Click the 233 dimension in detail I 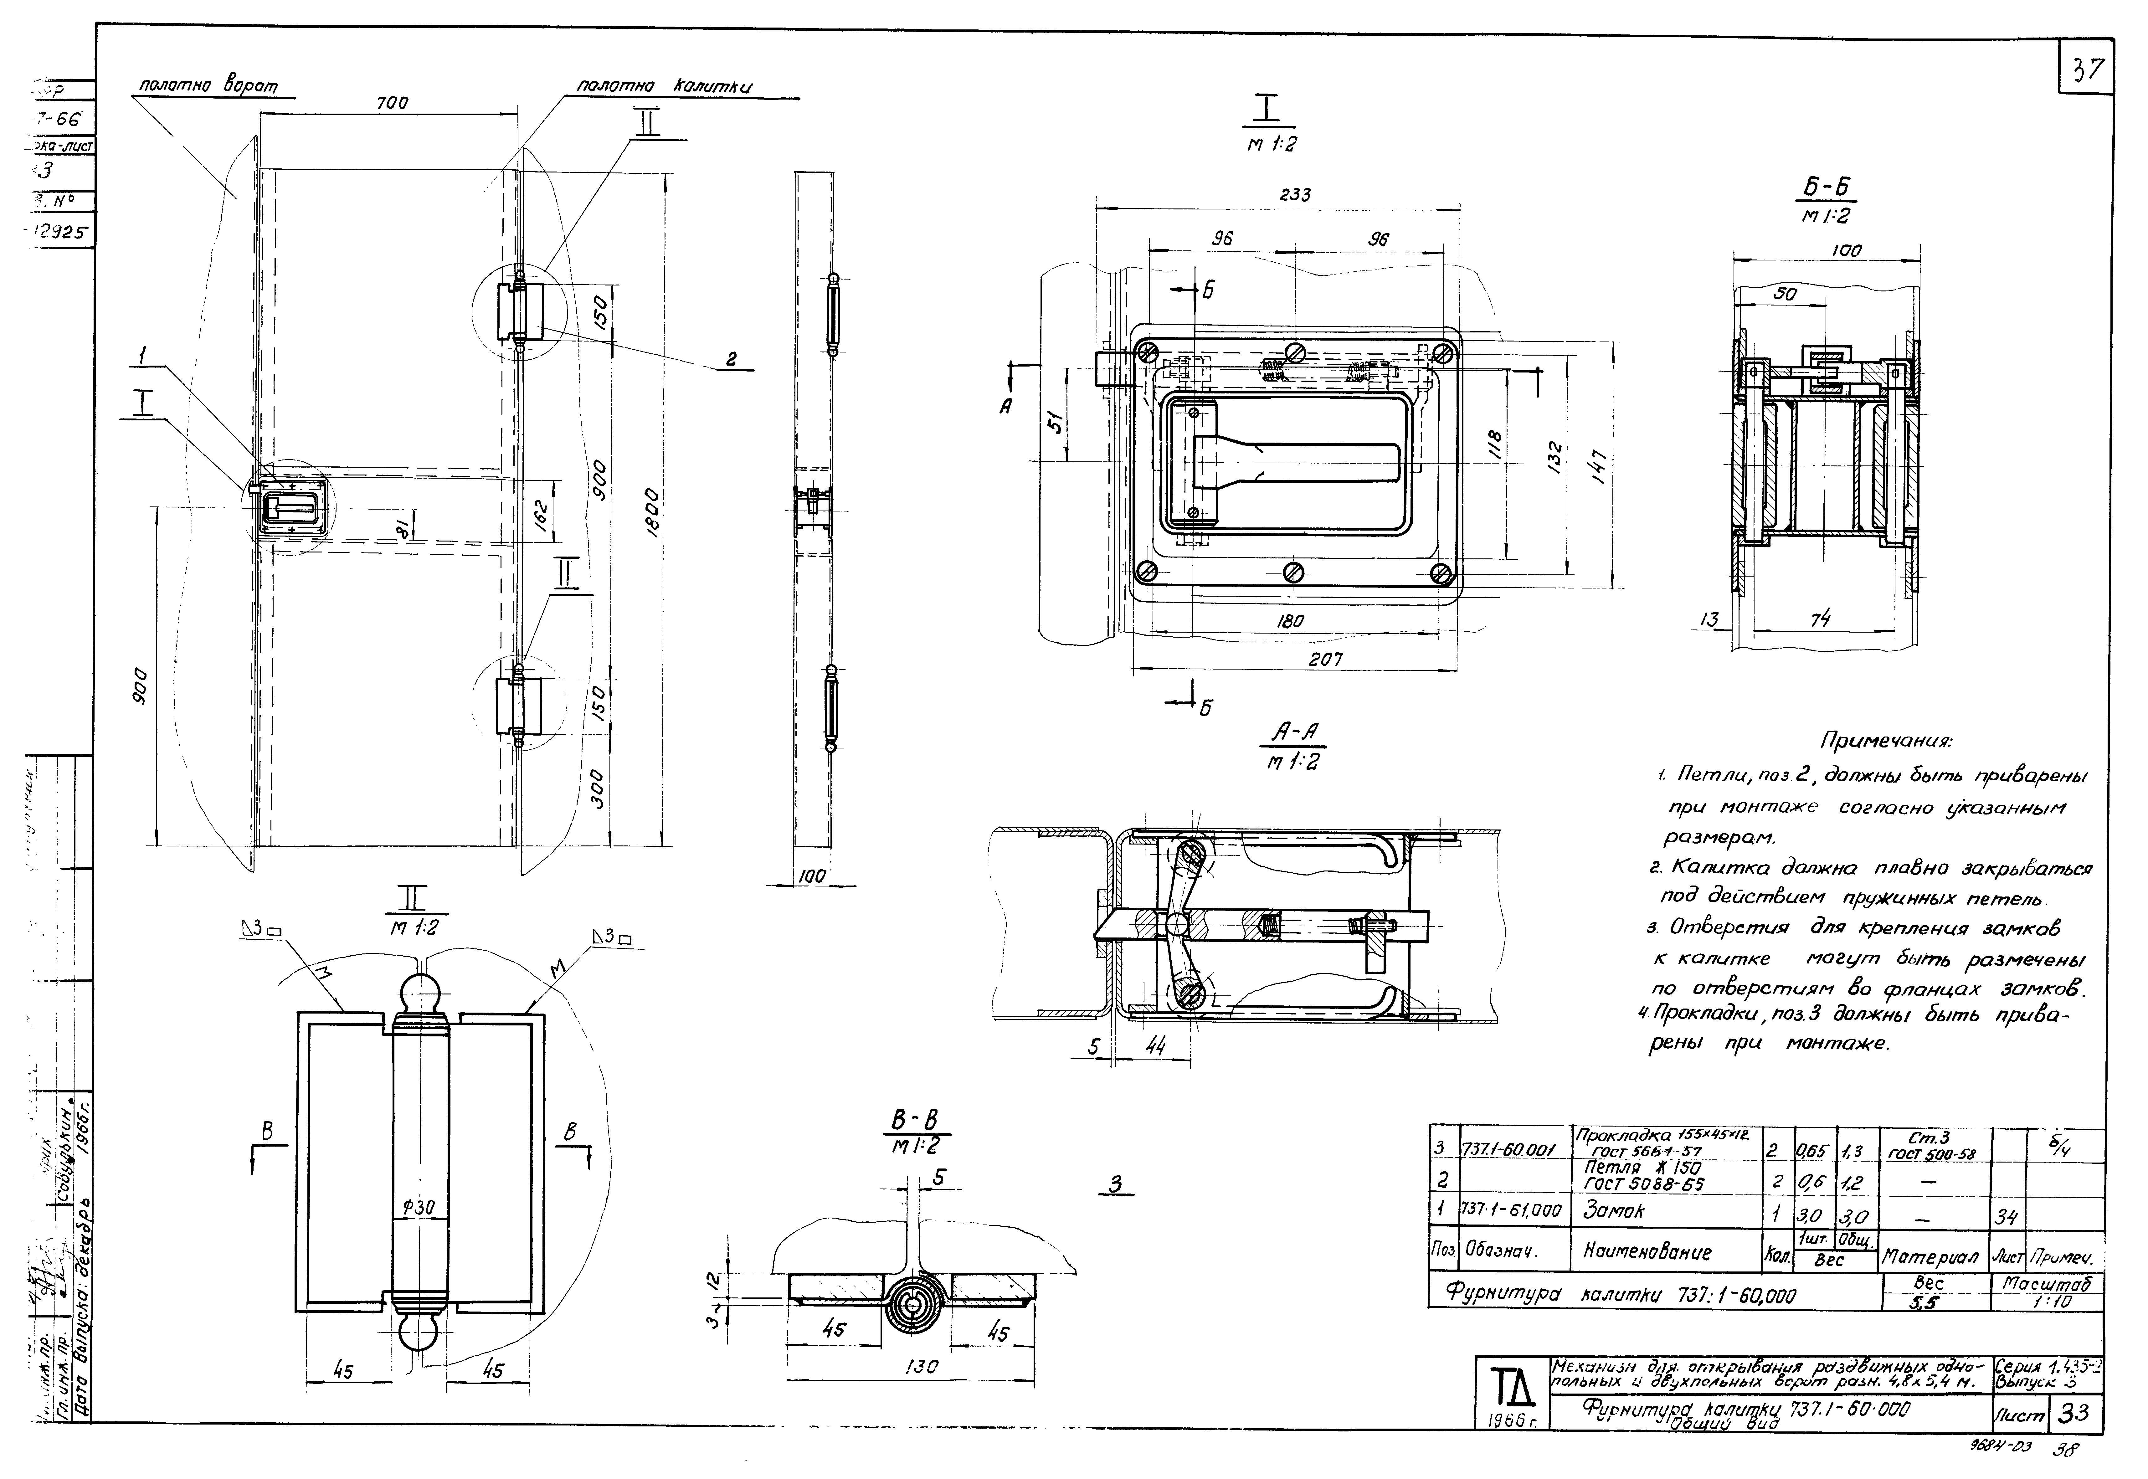1295,196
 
